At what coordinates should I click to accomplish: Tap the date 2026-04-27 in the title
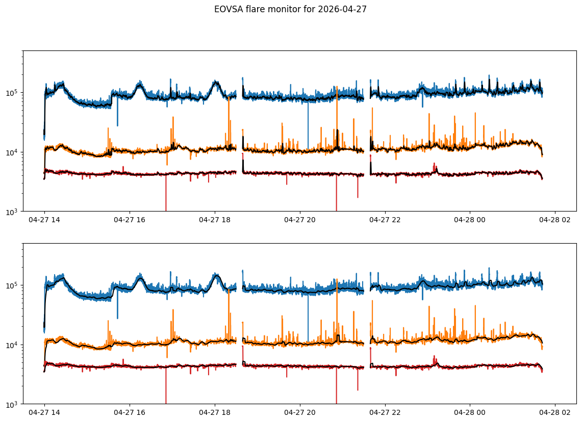[x=342, y=9]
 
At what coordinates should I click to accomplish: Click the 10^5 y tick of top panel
[x=13, y=93]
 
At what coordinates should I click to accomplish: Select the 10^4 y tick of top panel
[x=13, y=152]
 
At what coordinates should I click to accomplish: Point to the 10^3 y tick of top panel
[x=13, y=212]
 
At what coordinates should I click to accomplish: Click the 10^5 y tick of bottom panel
[x=13, y=285]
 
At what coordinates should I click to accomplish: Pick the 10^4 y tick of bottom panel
[x=13, y=345]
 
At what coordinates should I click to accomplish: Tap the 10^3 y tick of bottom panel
[x=13, y=404]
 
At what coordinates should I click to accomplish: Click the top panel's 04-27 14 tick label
[x=44, y=220]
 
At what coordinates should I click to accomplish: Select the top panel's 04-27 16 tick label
[x=130, y=220]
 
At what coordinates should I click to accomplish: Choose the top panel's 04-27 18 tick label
[x=215, y=220]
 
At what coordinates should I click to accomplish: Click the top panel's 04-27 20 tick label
[x=300, y=220]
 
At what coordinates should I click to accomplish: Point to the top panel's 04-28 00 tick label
[x=470, y=220]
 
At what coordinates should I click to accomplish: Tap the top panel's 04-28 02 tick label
[x=555, y=220]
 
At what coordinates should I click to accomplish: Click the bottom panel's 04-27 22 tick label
[x=385, y=413]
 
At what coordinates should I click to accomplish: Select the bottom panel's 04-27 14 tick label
[x=44, y=413]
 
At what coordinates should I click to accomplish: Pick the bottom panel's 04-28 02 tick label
[x=555, y=413]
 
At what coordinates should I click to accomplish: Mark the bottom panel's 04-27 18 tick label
[x=215, y=413]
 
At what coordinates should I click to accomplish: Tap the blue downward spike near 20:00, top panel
[x=308, y=124]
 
